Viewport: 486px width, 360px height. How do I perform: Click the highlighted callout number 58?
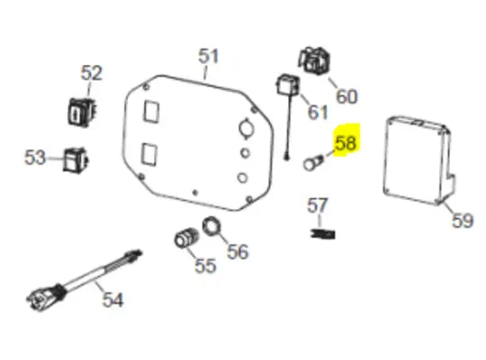[x=346, y=143]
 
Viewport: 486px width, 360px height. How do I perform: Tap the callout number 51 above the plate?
[x=208, y=57]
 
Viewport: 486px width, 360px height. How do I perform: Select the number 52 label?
[x=91, y=73]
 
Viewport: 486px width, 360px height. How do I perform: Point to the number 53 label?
[x=35, y=157]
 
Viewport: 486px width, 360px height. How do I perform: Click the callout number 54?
[x=112, y=300]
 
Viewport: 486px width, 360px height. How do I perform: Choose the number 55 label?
[x=205, y=265]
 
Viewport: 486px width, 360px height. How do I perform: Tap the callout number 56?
[x=238, y=251]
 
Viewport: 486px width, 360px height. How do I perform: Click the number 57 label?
[x=317, y=205]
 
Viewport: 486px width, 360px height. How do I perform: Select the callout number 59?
[x=463, y=220]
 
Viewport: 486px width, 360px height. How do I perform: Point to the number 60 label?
[x=346, y=96]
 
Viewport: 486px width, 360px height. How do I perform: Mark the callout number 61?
[x=318, y=112]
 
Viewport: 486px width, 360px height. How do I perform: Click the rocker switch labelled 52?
[x=82, y=112]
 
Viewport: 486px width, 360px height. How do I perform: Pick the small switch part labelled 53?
[x=76, y=159]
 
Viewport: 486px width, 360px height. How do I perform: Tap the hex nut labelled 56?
[x=211, y=227]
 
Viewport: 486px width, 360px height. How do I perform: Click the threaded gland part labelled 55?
[x=185, y=238]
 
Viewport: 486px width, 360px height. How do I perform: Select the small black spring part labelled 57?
[x=323, y=233]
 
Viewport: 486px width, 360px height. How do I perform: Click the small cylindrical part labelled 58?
[x=312, y=163]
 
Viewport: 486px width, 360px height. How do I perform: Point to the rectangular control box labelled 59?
[x=419, y=160]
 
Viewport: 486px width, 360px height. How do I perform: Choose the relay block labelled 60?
[x=314, y=61]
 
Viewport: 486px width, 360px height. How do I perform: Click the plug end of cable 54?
[x=41, y=298]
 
